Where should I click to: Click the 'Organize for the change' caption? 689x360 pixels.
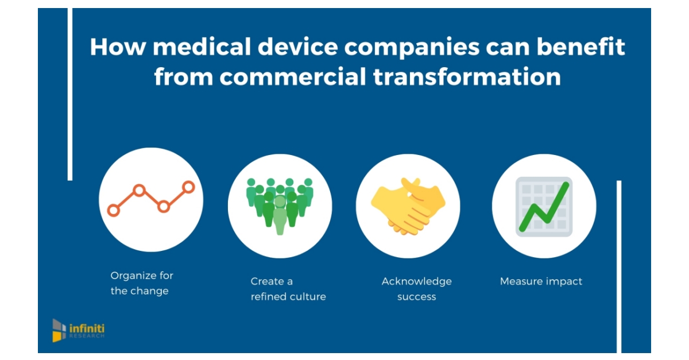(x=142, y=283)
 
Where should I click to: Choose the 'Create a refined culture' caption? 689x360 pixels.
(x=288, y=289)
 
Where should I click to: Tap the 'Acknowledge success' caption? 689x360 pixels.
(x=416, y=289)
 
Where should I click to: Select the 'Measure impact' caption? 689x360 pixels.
(x=541, y=281)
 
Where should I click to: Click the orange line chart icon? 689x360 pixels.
(x=150, y=199)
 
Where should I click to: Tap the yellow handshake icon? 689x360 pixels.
(x=408, y=204)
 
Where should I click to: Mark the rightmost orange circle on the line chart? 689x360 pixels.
(x=188, y=187)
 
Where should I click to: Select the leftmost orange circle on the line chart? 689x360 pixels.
(x=114, y=210)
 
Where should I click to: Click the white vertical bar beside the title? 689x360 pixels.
(x=70, y=95)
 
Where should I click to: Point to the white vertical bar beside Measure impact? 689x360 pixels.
(x=619, y=267)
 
